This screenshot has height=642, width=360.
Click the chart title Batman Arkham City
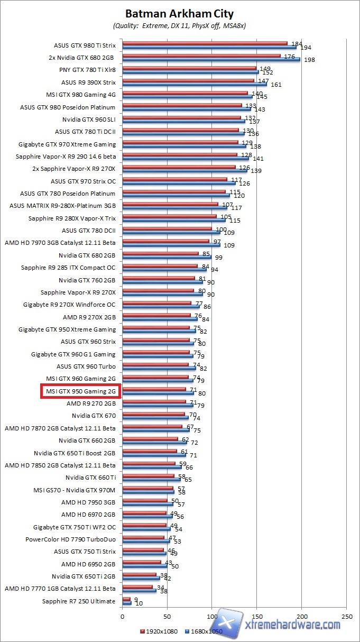179,14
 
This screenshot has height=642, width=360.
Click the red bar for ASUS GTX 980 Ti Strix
205,43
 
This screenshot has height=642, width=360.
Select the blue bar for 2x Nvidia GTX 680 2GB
211,59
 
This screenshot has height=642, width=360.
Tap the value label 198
309,60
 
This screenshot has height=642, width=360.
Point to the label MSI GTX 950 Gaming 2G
80,391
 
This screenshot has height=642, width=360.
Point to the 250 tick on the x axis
347,617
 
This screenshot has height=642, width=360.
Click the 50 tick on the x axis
167,617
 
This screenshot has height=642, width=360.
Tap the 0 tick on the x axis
122,617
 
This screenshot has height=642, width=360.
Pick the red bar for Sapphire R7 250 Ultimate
126,599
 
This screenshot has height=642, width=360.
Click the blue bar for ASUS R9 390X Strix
195,84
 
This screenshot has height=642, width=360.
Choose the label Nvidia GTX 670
94,416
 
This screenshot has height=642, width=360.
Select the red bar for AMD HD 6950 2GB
142,562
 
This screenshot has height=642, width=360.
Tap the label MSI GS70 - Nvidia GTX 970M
74,490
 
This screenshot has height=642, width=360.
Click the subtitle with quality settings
179,25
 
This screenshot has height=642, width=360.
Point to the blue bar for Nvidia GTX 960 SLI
183,121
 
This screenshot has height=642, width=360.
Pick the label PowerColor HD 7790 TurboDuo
70,539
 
